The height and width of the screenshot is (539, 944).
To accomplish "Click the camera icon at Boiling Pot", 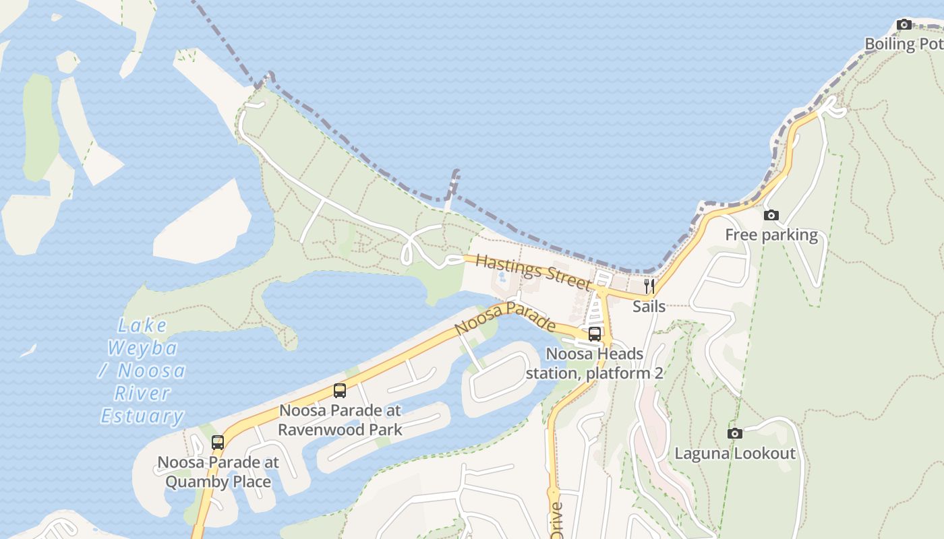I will [x=904, y=25].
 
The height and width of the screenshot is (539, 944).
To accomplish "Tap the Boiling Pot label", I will [x=904, y=44].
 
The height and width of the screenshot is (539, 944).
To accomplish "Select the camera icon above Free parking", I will [x=771, y=216].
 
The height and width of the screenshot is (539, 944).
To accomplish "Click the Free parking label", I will [x=771, y=235].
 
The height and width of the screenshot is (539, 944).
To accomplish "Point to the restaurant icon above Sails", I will [x=649, y=286].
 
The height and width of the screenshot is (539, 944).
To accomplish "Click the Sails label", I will [x=649, y=307].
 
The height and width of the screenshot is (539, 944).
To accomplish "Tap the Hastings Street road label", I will [x=533, y=273].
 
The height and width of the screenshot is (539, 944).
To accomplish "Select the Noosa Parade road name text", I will [x=505, y=319].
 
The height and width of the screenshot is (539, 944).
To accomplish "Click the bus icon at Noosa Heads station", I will [x=594, y=334].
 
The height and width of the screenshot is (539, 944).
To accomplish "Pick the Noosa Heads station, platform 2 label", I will [x=594, y=363].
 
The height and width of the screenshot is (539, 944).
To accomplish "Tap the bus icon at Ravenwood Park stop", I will [x=340, y=391].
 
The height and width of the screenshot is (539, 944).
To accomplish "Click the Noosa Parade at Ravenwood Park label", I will [x=340, y=420].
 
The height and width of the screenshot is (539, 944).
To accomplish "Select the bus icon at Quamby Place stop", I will [x=217, y=443].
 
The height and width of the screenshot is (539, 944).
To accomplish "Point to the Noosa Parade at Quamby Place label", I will [x=218, y=472].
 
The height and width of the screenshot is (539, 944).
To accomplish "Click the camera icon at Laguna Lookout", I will [x=735, y=433].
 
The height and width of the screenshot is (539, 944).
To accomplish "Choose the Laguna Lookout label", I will [x=735, y=453].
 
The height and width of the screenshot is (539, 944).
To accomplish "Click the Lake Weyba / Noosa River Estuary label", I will [x=143, y=371].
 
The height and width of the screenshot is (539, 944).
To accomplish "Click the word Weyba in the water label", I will [x=143, y=348].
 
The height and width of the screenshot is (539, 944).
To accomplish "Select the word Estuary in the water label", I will [x=142, y=416].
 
